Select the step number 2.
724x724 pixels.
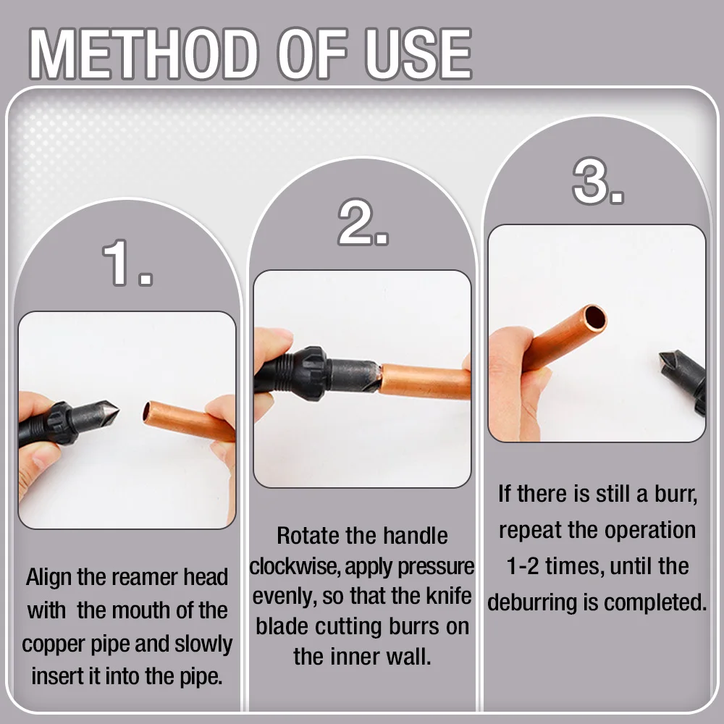pyautogui.click(x=361, y=224)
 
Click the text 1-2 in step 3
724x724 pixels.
pyautogui.click(x=527, y=566)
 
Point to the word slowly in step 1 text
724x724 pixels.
pyautogui.click(x=201, y=644)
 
